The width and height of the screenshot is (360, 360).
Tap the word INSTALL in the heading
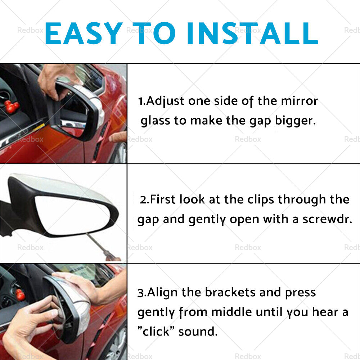tap(253, 33)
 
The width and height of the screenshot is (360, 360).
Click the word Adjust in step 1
tap(165, 101)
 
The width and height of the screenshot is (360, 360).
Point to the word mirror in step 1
tap(300, 101)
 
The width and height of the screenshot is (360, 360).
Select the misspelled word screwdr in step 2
tap(327, 219)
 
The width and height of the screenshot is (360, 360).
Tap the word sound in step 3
tap(198, 332)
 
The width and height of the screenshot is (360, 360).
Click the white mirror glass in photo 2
tap(72, 215)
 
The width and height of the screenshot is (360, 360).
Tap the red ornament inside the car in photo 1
tap(12, 107)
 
